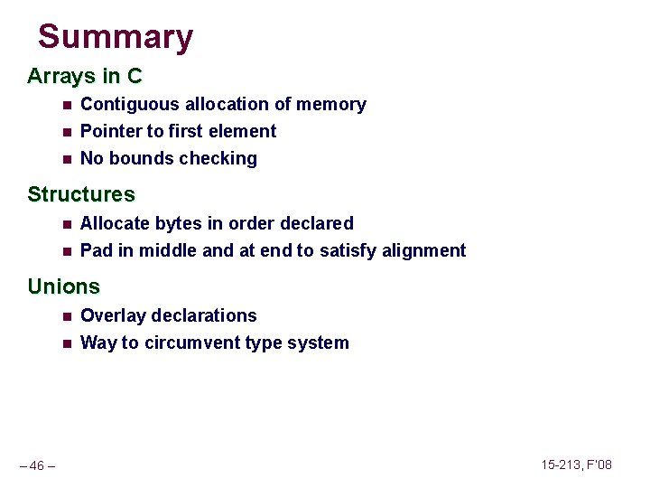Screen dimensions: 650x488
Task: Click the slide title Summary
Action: pyautogui.click(x=116, y=37)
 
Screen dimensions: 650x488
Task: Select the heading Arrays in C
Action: pyautogui.click(x=85, y=76)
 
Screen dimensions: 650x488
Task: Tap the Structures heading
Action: pyautogui.click(x=81, y=194)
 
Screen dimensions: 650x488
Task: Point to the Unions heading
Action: pyautogui.click(x=63, y=287)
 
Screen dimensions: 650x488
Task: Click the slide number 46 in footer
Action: pyautogui.click(x=37, y=466)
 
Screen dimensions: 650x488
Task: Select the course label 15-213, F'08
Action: pyautogui.click(x=576, y=465)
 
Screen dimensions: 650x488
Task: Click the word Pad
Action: pyautogui.click(x=96, y=250)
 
